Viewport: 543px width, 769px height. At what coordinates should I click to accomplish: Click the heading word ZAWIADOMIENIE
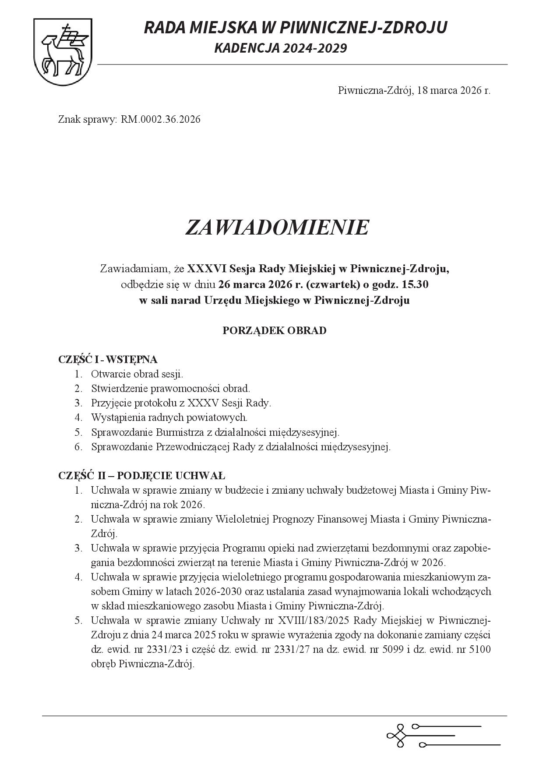click(x=277, y=228)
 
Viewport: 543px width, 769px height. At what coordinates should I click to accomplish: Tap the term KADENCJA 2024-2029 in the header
click(x=280, y=48)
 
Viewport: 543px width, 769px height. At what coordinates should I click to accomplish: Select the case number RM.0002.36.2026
click(x=161, y=119)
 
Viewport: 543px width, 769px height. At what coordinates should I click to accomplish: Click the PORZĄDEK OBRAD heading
click(x=275, y=330)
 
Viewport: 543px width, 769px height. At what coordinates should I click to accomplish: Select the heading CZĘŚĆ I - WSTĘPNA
click(x=108, y=360)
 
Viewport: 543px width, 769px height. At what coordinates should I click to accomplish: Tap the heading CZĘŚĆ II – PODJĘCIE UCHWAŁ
click(x=141, y=476)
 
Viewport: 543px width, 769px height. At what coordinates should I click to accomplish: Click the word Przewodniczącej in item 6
click(x=193, y=447)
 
